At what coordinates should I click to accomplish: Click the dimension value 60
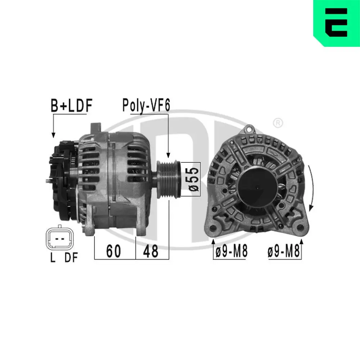coord(113,251)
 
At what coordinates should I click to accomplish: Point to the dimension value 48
coord(150,251)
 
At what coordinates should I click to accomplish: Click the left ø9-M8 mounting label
coord(231,252)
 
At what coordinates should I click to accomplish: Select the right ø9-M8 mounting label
coord(284,252)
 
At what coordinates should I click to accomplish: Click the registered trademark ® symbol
coord(278,123)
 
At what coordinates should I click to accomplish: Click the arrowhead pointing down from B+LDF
coord(53,135)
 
